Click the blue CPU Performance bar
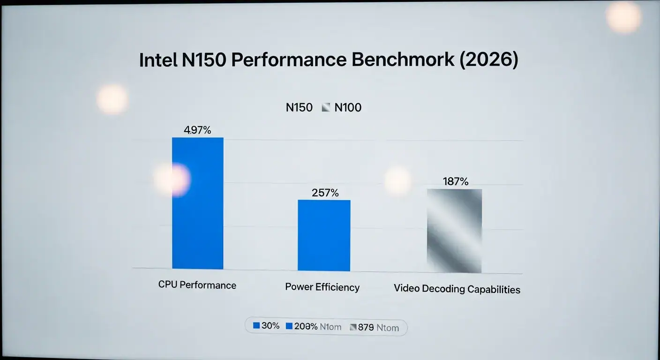pyautogui.click(x=198, y=203)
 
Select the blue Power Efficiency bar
pyautogui.click(x=324, y=235)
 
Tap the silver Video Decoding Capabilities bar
pyautogui.click(x=454, y=231)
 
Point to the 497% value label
pyautogui.click(x=198, y=130)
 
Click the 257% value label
pyautogui.click(x=325, y=193)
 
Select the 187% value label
pyautogui.click(x=455, y=181)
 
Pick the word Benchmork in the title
pyautogui.click(x=403, y=60)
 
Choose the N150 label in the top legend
pyautogui.click(x=299, y=108)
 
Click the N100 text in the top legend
pyautogui.click(x=348, y=108)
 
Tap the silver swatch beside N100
pyautogui.click(x=326, y=108)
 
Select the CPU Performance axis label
pyautogui.click(x=197, y=285)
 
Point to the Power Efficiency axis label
pyautogui.click(x=322, y=287)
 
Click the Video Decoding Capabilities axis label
pyautogui.click(x=457, y=289)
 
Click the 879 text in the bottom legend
pyautogui.click(x=366, y=327)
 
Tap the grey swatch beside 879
pyautogui.click(x=353, y=327)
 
